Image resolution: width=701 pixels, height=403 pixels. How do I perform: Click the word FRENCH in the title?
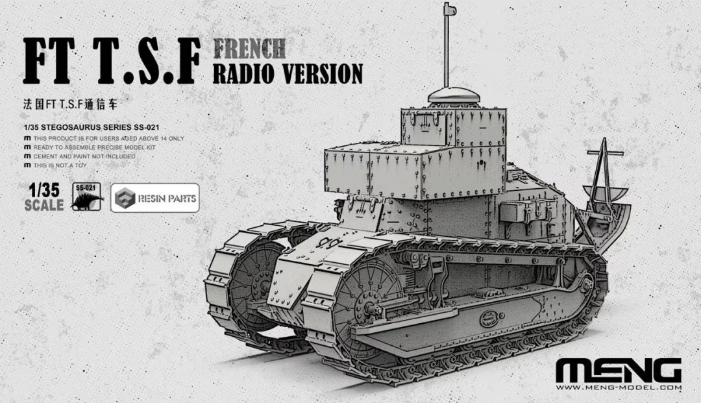[x=249, y=49]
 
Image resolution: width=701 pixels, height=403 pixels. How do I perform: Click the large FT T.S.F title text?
[x=108, y=63]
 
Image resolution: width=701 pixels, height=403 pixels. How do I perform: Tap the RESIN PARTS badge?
[x=154, y=199]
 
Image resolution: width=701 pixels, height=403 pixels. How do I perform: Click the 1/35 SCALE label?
[x=43, y=199]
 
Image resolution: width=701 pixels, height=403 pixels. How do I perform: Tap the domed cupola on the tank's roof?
[x=453, y=97]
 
